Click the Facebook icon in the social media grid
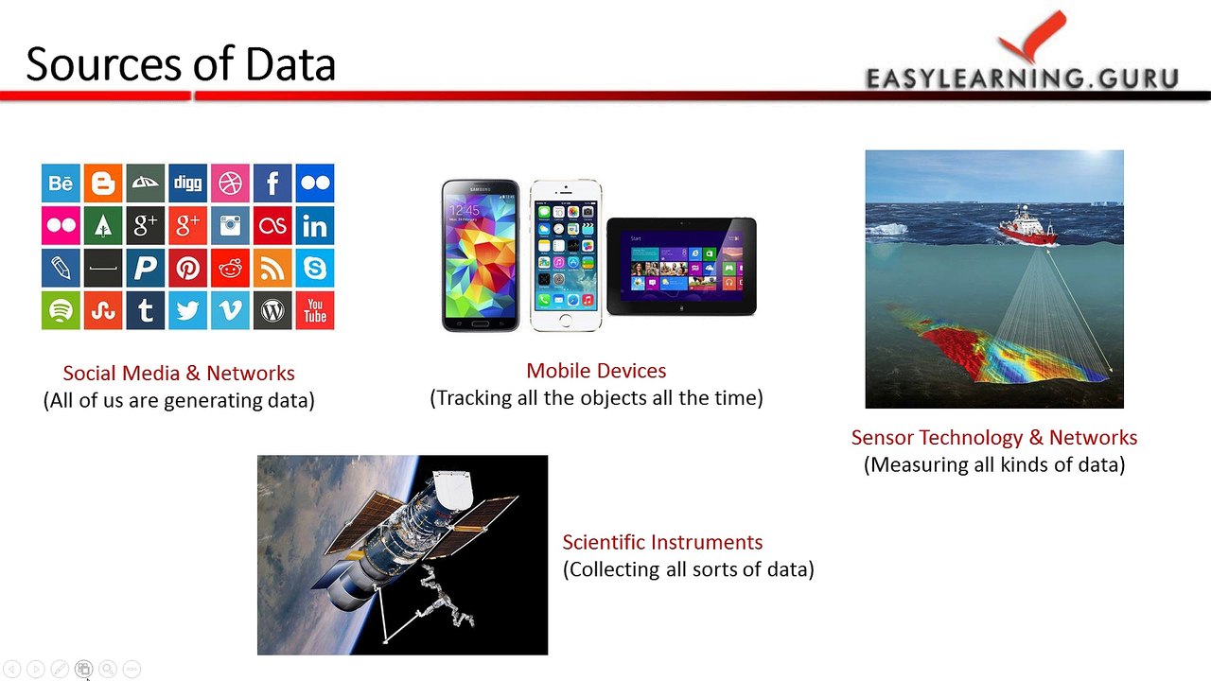pos(272,183)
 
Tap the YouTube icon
pos(315,310)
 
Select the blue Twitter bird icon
pos(187,310)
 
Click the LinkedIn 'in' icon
pos(315,226)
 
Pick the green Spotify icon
pos(61,310)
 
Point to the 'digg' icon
pos(187,183)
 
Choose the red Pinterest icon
pos(187,269)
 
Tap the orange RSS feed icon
pos(272,269)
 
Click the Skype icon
pos(315,269)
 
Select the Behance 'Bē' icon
pos(61,183)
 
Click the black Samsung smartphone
pos(481,255)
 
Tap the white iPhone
pos(565,255)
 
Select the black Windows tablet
pos(681,266)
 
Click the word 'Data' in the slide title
pos(290,64)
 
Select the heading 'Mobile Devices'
pos(596,371)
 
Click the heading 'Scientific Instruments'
pos(662,542)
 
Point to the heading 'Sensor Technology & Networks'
pos(993,437)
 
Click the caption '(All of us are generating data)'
pos(179,400)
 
